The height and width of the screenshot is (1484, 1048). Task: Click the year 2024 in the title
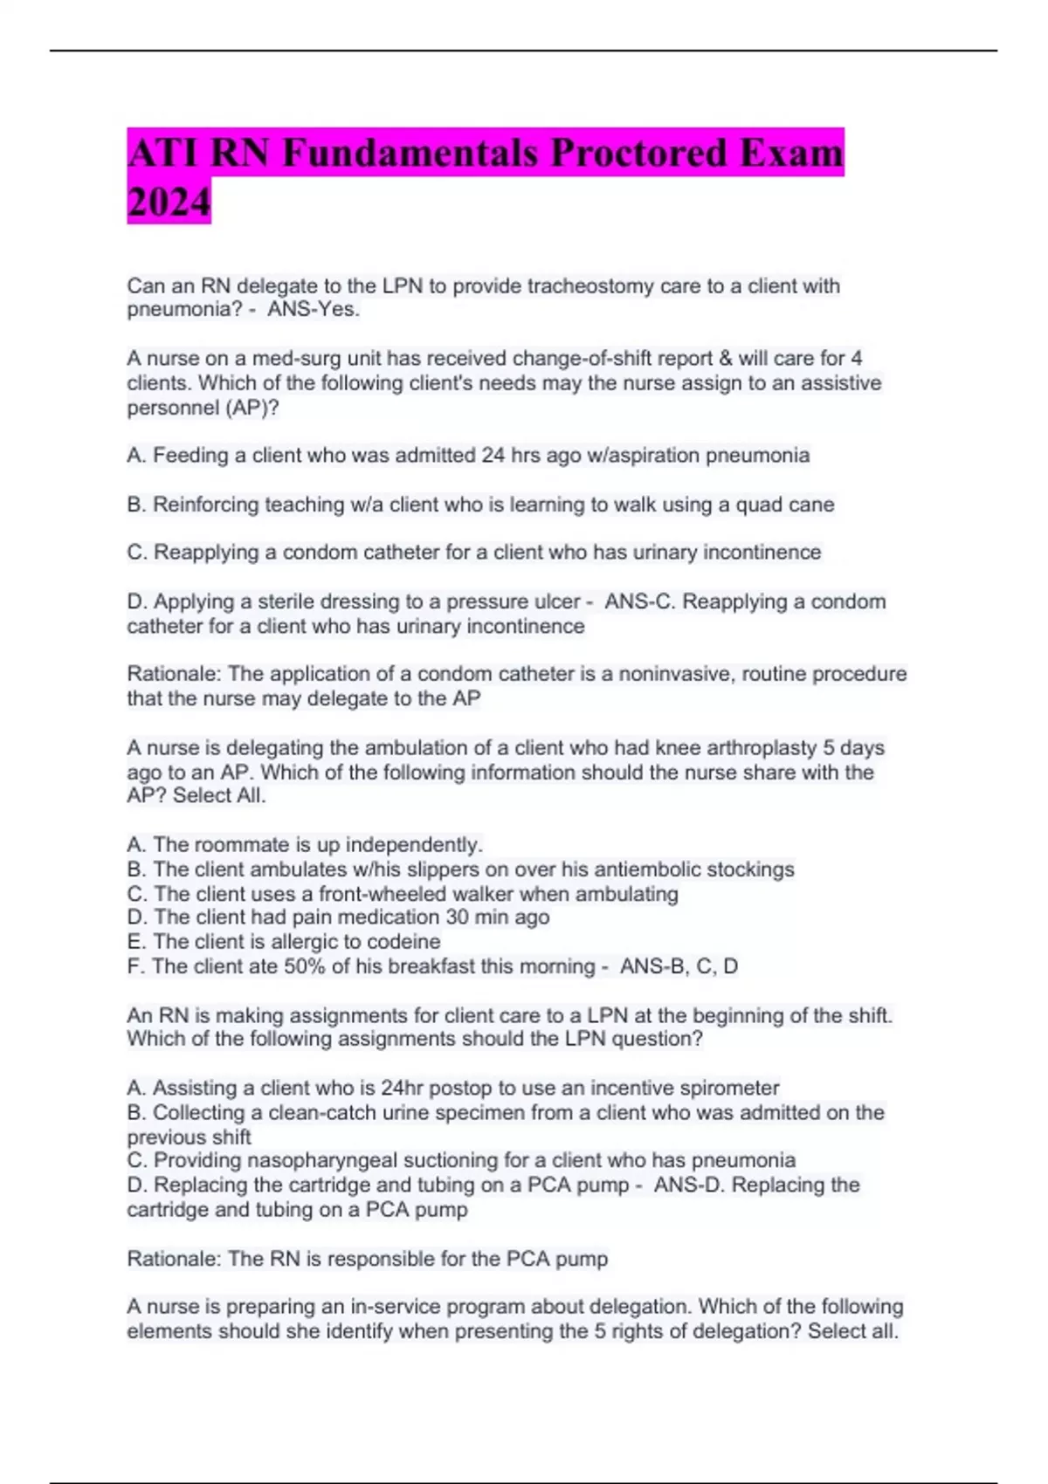(x=169, y=202)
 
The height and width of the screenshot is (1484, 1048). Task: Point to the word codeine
(x=404, y=942)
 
